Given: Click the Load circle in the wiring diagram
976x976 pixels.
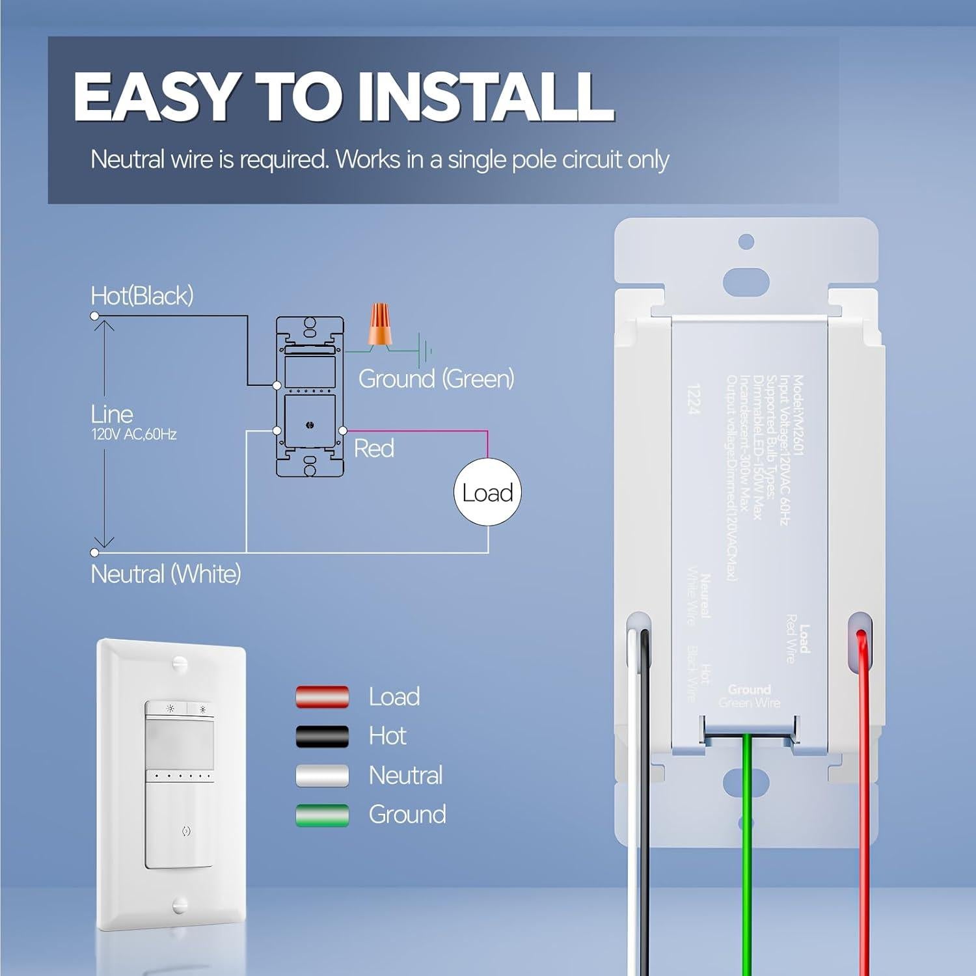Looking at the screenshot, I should coord(487,493).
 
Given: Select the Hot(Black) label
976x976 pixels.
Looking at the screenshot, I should coord(142,296).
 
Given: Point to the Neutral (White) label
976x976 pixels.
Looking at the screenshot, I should coord(166,575).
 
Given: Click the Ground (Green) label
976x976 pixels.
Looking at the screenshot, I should coord(436,379).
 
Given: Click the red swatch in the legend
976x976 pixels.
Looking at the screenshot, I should coord(322,697).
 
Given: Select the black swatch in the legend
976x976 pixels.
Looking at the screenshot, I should coord(322,736).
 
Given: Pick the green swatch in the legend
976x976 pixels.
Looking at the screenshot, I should coord(322,815).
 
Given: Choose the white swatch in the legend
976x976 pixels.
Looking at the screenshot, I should coord(322,776).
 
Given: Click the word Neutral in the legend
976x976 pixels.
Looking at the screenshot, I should coord(405,776).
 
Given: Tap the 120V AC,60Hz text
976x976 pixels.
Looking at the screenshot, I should coord(134,435).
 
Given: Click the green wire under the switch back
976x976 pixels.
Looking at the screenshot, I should coord(748,846).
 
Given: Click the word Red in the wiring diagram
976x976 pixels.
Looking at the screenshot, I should coord(374,448).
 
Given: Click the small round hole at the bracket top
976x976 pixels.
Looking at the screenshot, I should coord(746,241).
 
